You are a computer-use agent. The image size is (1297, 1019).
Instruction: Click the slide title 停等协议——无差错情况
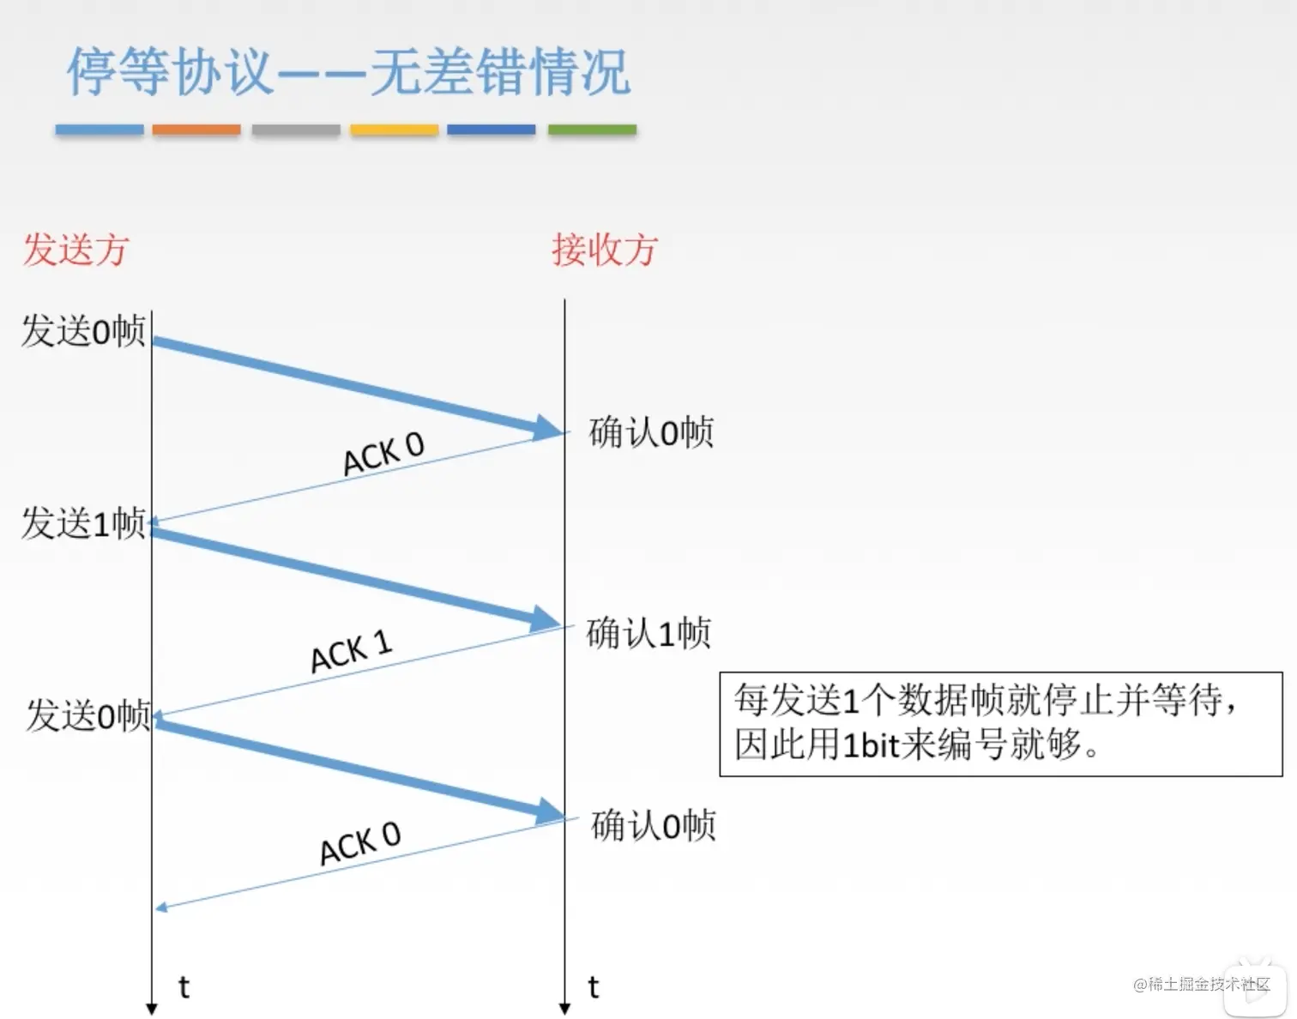pyautogui.click(x=348, y=71)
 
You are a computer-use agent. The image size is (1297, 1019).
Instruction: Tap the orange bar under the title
pyautogui.click(x=196, y=130)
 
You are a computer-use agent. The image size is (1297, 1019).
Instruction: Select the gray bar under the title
pyautogui.click(x=296, y=130)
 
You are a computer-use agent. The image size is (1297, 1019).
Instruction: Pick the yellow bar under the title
pyautogui.click(x=394, y=130)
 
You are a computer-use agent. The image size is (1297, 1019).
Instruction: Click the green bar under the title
pyautogui.click(x=592, y=130)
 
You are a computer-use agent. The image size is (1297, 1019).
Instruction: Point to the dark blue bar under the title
pyautogui.click(x=492, y=130)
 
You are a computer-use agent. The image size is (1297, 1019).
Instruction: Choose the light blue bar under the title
pyautogui.click(x=100, y=130)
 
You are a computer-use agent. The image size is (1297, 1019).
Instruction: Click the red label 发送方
pyautogui.click(x=75, y=249)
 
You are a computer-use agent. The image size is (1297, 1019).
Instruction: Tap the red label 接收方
pyautogui.click(x=604, y=249)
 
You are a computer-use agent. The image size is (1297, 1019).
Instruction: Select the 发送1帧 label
pyautogui.click(x=83, y=523)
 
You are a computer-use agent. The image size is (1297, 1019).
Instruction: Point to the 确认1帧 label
pyautogui.click(x=648, y=632)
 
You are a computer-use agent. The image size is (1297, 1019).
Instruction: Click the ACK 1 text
pyautogui.click(x=351, y=651)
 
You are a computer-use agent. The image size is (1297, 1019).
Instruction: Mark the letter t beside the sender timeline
pyautogui.click(x=184, y=986)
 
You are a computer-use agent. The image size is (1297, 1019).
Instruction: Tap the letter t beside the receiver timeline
pyautogui.click(x=594, y=986)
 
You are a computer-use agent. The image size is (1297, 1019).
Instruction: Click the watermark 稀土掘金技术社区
pyautogui.click(x=1202, y=984)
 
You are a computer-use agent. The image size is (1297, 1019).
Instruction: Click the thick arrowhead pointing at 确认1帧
pyautogui.click(x=546, y=620)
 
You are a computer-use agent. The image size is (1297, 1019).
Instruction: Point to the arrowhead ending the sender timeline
pyautogui.click(x=152, y=1009)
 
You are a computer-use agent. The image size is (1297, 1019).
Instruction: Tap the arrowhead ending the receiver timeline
pyautogui.click(x=564, y=1009)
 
